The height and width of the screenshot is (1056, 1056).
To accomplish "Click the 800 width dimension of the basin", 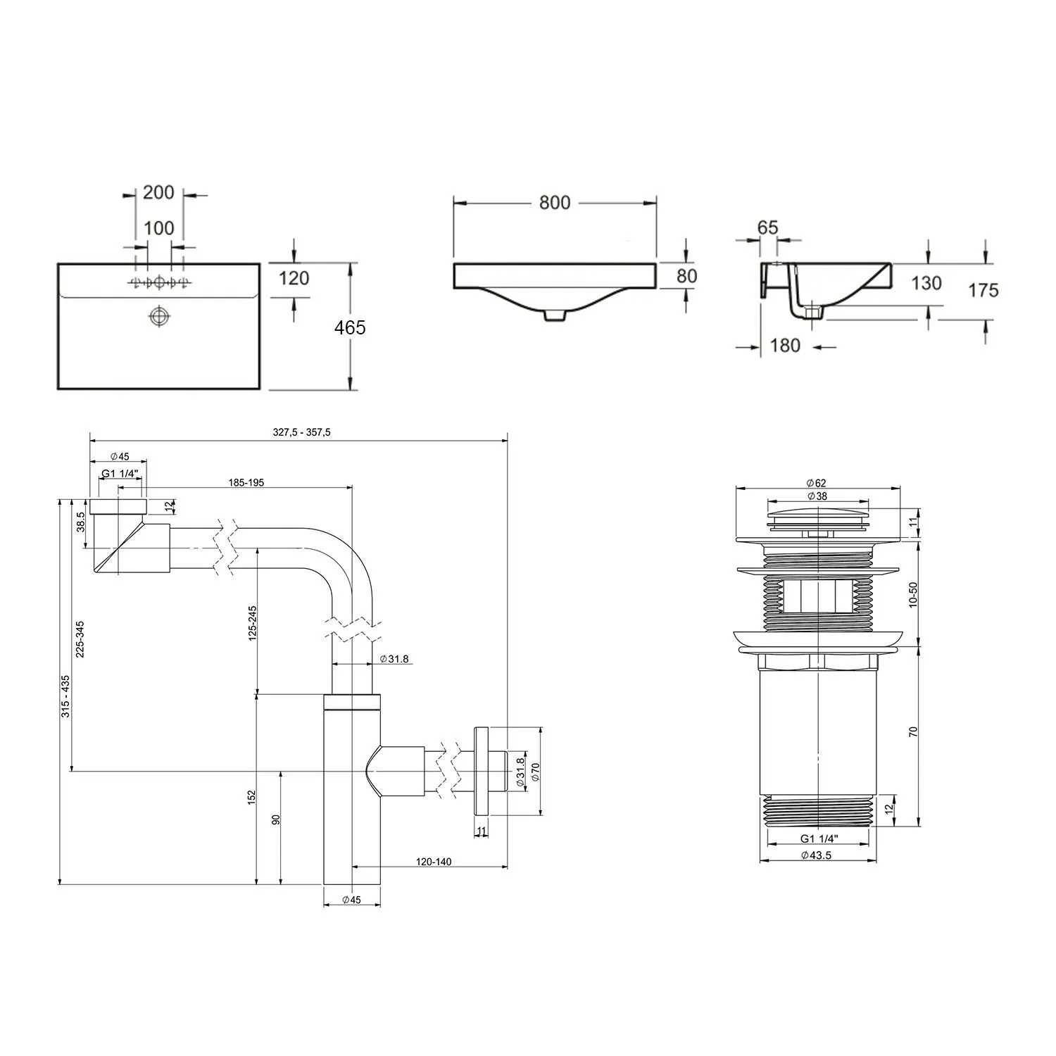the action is click(555, 203).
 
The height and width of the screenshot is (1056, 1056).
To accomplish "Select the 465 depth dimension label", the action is click(350, 327).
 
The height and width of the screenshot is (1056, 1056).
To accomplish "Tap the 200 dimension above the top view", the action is click(158, 192).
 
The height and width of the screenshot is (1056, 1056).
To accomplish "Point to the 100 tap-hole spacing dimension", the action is click(159, 229).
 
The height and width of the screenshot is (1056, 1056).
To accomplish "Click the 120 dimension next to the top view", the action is click(294, 278).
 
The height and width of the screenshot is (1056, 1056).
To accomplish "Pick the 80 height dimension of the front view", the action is click(686, 276).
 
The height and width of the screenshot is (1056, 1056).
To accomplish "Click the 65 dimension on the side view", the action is click(767, 227).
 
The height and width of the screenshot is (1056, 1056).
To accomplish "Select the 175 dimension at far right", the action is click(983, 290).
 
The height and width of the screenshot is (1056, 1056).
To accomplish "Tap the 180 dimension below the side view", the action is click(785, 346).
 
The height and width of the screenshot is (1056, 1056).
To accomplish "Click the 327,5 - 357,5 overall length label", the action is click(301, 433).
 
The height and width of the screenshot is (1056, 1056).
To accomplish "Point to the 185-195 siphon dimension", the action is click(246, 483).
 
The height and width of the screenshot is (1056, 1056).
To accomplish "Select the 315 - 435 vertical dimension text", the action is click(65, 696).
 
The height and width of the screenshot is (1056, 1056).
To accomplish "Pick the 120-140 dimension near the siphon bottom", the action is click(434, 862).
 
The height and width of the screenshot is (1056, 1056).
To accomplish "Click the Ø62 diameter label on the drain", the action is click(817, 483).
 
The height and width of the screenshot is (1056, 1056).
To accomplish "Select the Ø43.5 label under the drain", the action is click(817, 855).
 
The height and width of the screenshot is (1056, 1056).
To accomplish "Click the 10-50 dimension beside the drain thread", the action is click(914, 594).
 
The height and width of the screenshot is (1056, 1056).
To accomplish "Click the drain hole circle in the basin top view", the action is click(160, 316).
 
